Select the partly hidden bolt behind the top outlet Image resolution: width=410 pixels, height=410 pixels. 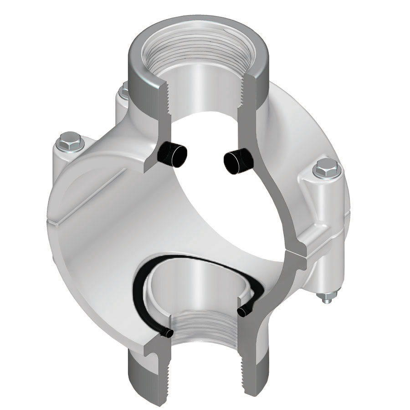(123, 92)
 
